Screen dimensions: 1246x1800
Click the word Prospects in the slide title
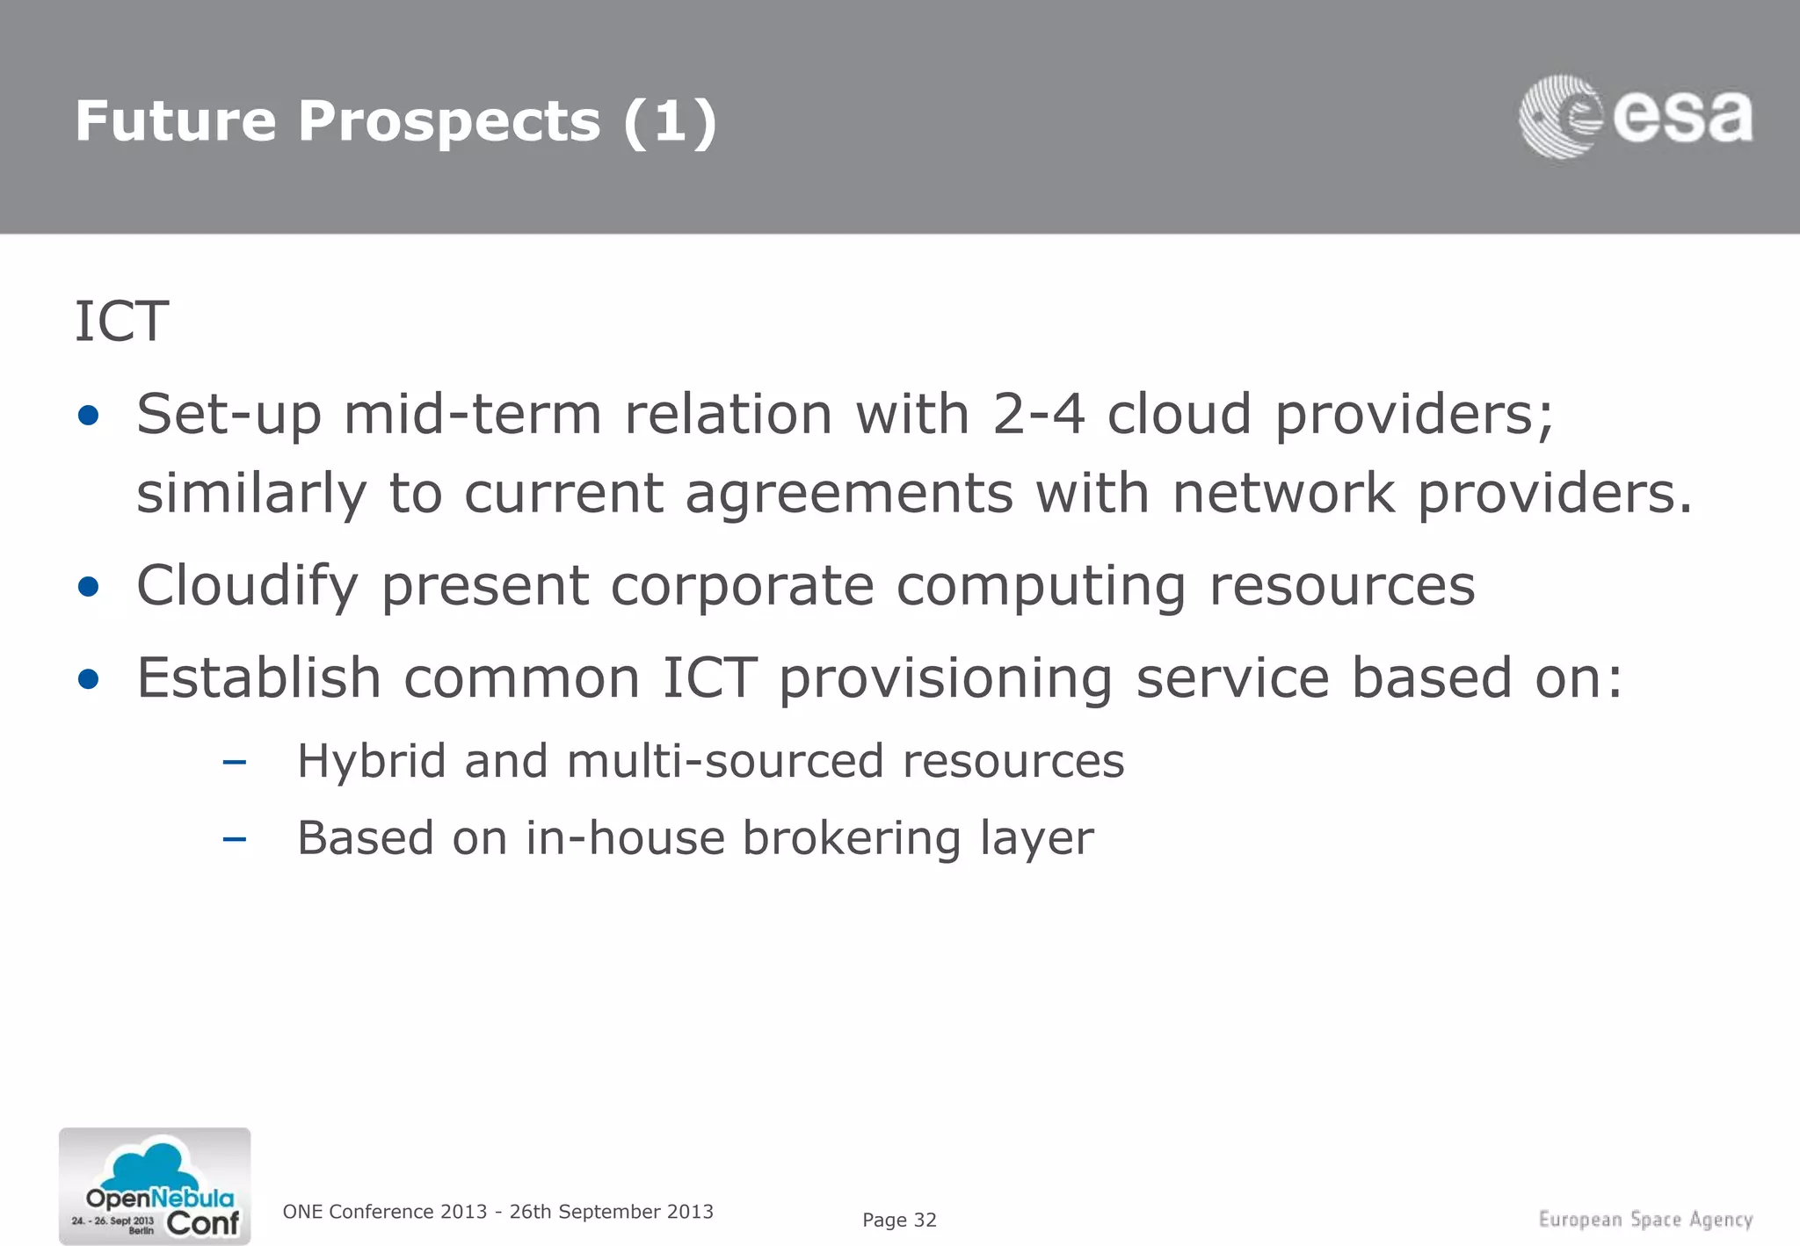(x=448, y=121)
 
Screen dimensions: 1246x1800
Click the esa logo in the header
(x=1636, y=117)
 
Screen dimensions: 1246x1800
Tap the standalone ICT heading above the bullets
(x=121, y=322)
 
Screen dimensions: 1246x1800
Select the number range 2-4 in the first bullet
(x=1038, y=414)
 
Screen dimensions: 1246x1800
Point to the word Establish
(x=258, y=678)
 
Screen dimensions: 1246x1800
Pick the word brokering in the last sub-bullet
(x=852, y=838)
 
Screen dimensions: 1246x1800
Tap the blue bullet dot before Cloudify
(x=88, y=587)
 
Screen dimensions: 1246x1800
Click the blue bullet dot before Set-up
(x=88, y=416)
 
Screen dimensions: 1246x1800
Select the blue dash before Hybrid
(x=234, y=762)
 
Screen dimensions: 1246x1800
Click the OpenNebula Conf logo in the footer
(x=155, y=1186)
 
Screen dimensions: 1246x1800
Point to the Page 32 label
(x=899, y=1220)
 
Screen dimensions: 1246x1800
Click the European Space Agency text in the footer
(x=1645, y=1220)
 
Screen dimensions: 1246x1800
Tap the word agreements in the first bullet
(x=849, y=494)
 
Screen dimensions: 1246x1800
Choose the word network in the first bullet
(x=1283, y=494)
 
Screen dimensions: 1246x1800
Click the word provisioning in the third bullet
(x=946, y=678)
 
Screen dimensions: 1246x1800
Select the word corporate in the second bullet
(x=743, y=586)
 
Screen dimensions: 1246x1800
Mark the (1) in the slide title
(x=670, y=121)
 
